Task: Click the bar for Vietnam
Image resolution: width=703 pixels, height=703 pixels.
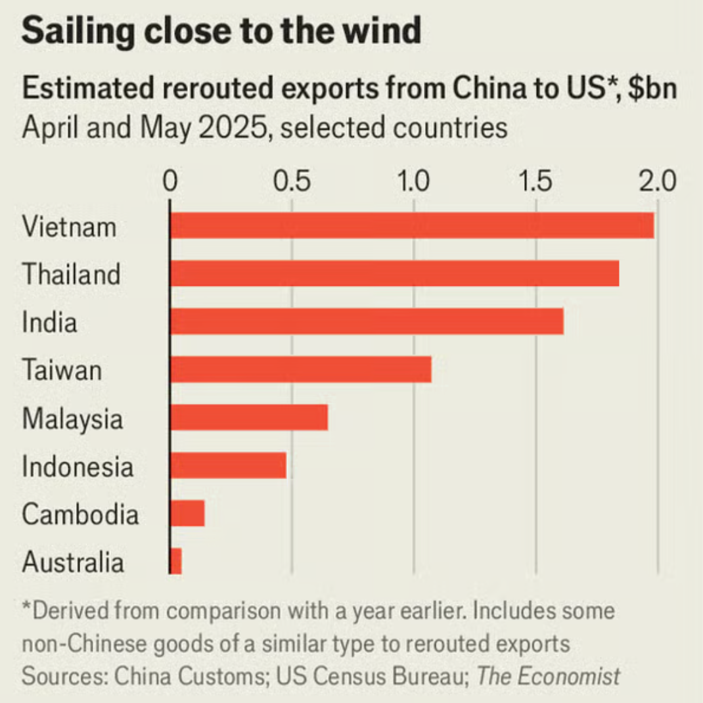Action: pos(411,225)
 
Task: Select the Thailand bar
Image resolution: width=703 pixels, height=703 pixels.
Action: pos(394,273)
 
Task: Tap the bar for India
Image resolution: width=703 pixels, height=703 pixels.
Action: pos(367,321)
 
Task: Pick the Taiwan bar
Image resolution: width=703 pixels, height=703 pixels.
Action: pos(300,369)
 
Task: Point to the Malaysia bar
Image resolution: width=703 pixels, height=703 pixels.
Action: pos(248,417)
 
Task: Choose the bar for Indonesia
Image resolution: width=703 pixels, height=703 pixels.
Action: pos(228,465)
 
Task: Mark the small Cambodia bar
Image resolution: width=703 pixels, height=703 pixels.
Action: pos(187,513)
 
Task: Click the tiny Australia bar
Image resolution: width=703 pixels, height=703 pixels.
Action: pos(175,561)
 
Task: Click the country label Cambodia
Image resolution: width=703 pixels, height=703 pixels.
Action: pos(80,514)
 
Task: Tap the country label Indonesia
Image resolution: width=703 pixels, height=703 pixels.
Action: pos(78,467)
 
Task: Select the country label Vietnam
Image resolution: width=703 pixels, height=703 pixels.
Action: pos(69,227)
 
